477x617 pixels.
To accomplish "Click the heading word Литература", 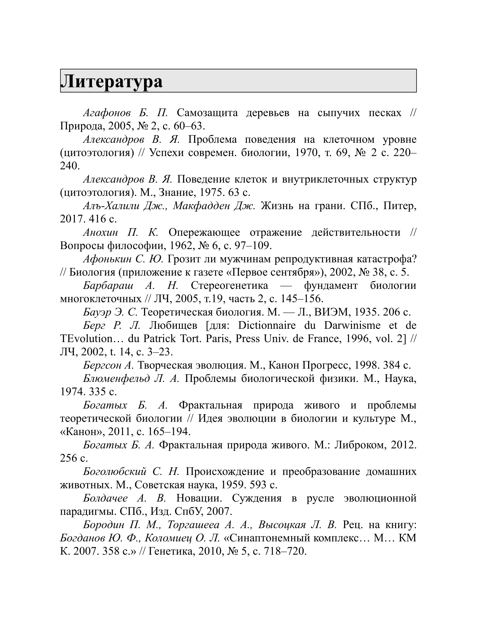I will click(x=111, y=81).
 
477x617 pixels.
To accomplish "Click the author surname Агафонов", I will click(x=107, y=113).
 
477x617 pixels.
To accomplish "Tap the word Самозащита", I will click(x=207, y=113).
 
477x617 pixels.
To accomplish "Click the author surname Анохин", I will click(x=100, y=233).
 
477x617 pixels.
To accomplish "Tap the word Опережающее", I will click(x=204, y=233).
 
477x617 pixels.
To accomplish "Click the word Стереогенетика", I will click(x=229, y=286).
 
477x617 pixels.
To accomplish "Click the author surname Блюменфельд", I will click(x=117, y=379).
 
